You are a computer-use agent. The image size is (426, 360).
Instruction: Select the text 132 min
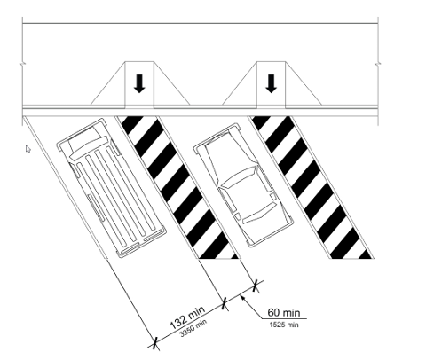coord(187,318)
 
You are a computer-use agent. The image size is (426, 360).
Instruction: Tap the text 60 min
coord(283,312)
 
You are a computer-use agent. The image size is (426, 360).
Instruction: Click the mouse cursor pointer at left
coord(29,149)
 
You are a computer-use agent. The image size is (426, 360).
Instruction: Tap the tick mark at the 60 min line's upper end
coord(256,286)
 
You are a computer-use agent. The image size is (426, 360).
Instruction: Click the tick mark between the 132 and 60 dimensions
coord(224,303)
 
